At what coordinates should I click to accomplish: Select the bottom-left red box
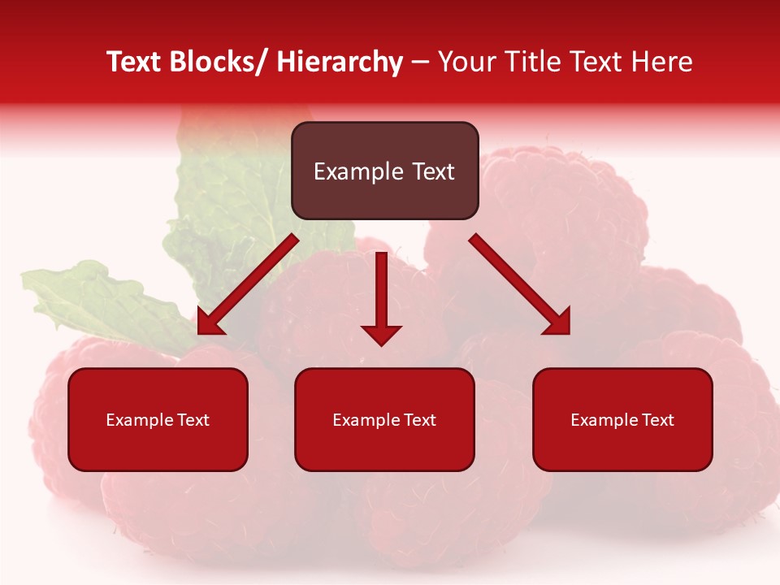click(x=158, y=447)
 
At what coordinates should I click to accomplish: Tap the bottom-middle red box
click(x=384, y=447)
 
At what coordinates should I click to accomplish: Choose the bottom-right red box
click(x=622, y=447)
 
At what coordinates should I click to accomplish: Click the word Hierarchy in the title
click(x=340, y=62)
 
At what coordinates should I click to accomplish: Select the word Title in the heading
click(x=530, y=62)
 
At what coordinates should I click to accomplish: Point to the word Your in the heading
click(x=468, y=62)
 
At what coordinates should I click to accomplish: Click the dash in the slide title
click(x=420, y=62)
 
